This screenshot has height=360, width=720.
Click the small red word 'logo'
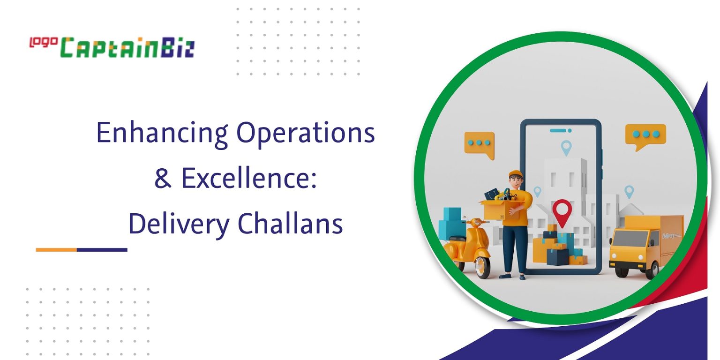pyautogui.click(x=43, y=42)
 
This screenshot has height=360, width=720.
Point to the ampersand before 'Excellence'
pyautogui.click(x=163, y=179)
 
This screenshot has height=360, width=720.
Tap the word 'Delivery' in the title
pyautogui.click(x=178, y=225)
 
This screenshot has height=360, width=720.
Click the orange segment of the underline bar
pyautogui.click(x=56, y=250)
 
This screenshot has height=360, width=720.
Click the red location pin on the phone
pyautogui.click(x=562, y=211)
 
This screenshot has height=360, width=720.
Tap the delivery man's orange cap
pyautogui.click(x=515, y=173)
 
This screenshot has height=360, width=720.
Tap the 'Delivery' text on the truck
pyautogui.click(x=668, y=235)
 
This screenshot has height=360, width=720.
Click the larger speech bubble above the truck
pyautogui.click(x=645, y=135)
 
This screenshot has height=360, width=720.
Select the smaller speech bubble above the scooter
pyautogui.click(x=479, y=143)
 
